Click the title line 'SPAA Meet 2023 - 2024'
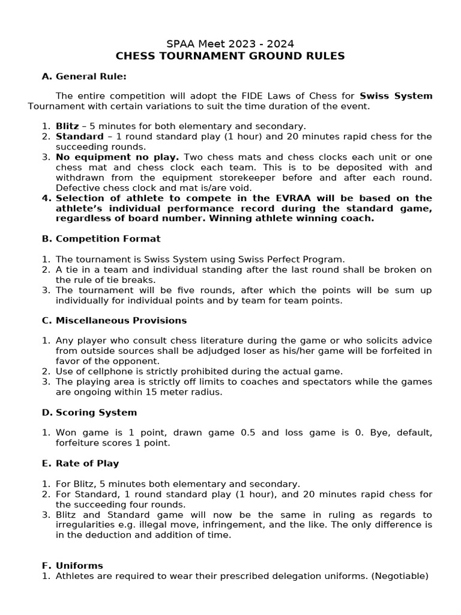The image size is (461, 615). coord(230,44)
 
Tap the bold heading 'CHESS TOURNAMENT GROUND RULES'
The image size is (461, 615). coord(230,56)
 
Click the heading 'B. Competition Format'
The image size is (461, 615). coord(101,238)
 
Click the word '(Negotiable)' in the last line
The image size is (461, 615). coord(400,576)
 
